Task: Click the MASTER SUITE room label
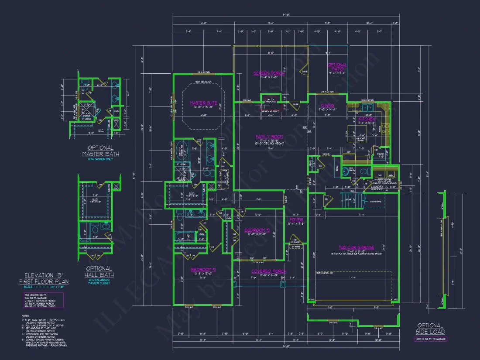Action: [203, 103]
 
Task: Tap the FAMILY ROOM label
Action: [269, 137]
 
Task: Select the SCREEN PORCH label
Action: [269, 73]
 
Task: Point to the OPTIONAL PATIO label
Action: [337, 67]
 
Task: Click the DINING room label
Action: [327, 106]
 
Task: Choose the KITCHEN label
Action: [367, 119]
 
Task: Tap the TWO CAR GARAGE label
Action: [356, 247]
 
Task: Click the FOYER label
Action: [296, 220]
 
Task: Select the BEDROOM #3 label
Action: [257, 230]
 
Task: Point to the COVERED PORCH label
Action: [269, 271]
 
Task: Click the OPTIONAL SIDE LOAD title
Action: [431, 329]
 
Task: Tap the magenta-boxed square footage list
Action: [42, 300]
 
